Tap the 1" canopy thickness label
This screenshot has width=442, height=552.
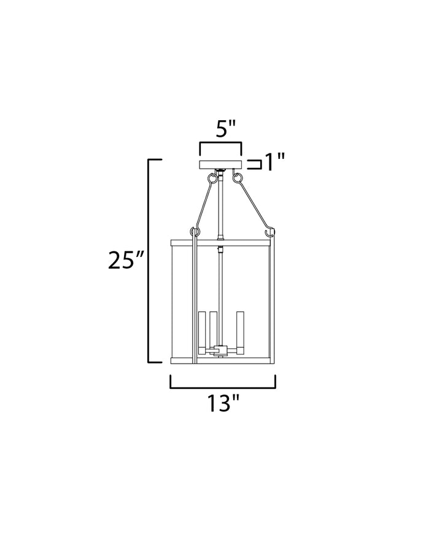click(274, 163)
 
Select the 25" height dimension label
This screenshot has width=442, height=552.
click(126, 261)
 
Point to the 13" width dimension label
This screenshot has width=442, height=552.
click(223, 403)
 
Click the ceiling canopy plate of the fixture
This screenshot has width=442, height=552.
click(220, 165)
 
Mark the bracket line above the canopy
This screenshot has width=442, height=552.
click(220, 143)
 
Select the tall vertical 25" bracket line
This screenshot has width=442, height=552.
click(149, 261)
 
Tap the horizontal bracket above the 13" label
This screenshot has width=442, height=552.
click(223, 388)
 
